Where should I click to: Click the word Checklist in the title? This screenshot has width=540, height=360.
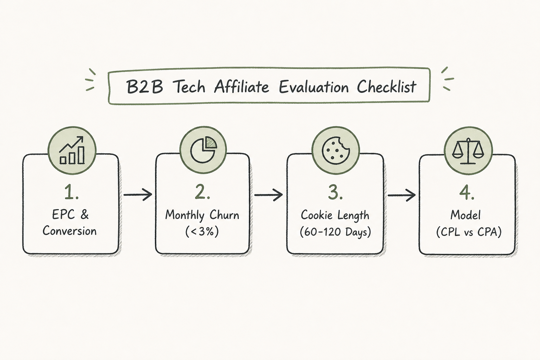pos(386,86)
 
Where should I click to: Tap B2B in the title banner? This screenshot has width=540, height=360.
pos(145,87)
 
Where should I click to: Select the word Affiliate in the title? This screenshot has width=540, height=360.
pos(242,86)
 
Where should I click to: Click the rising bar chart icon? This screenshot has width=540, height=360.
pos(72,150)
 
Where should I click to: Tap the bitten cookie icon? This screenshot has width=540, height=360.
pos(336,151)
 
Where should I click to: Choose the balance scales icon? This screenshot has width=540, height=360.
pos(468,151)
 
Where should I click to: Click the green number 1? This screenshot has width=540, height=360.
pos(71,192)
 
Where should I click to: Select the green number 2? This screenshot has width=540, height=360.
pos(202,192)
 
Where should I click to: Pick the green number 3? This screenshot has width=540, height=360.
pos(335,192)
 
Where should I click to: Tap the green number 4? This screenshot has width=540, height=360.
pos(467,192)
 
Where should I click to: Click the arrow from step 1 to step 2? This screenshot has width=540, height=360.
pos(138,194)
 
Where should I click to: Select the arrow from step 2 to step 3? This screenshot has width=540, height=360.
pos(268,194)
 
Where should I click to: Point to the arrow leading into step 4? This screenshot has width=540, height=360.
pos(401,195)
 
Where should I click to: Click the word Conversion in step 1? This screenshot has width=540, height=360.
pos(69,231)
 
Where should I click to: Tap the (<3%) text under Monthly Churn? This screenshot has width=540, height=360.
pos(202,232)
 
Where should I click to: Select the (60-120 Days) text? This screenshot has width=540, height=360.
pos(335,232)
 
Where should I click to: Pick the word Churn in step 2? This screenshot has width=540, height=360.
pos(224,215)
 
